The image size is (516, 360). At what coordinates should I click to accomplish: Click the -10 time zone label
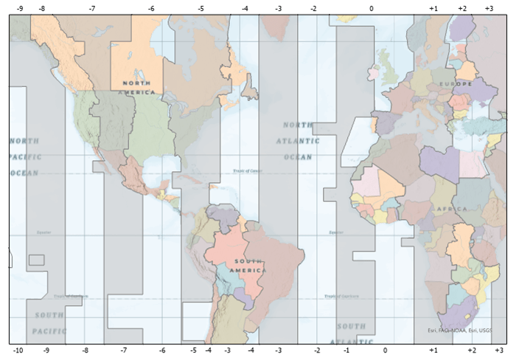[x=18, y=350]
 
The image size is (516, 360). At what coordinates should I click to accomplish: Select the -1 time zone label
[x=346, y=350]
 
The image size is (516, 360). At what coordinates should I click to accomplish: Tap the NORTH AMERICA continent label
[x=139, y=88]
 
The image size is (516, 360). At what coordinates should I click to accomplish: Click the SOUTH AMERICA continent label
[x=248, y=266]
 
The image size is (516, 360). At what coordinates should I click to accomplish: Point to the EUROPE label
[x=455, y=85]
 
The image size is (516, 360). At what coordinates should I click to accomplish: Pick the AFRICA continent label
[x=451, y=210]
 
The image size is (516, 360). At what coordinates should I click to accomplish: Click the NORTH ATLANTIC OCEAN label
[x=299, y=141]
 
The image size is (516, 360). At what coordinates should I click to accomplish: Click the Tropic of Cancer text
[x=246, y=170]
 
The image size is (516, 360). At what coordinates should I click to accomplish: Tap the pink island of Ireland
[x=374, y=73]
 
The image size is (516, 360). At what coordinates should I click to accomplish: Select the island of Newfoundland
[x=251, y=91]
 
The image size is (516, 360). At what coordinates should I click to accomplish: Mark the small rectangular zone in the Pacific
[x=36, y=260]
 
